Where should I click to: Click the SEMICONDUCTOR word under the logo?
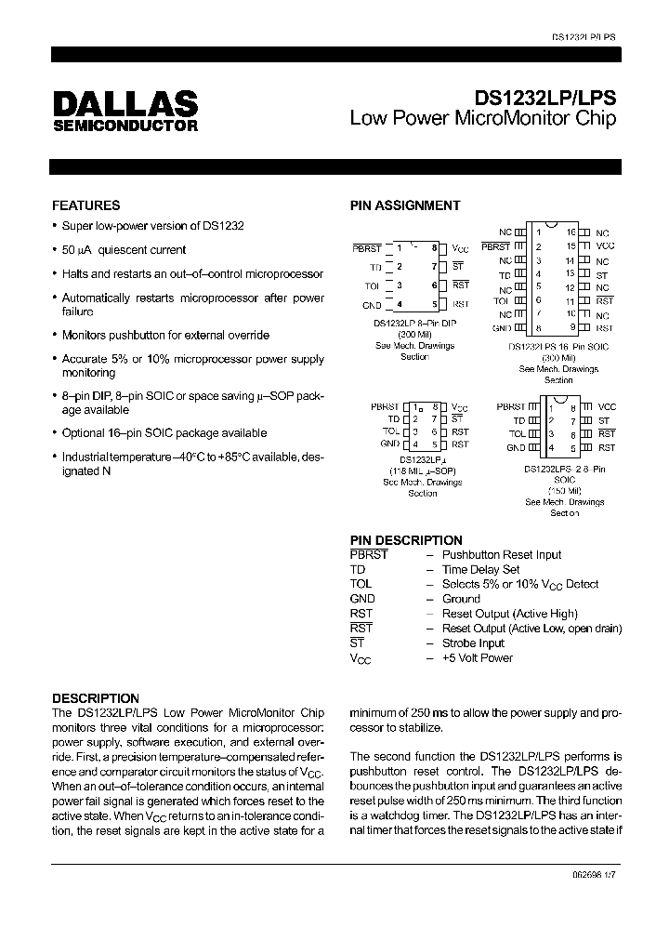(x=124, y=126)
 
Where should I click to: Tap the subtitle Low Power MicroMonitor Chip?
(x=482, y=119)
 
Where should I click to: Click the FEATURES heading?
(x=85, y=205)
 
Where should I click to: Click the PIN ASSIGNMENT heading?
(x=404, y=205)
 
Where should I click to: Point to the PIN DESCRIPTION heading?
(x=405, y=540)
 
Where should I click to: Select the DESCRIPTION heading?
(x=95, y=698)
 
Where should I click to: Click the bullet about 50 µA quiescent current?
(x=123, y=250)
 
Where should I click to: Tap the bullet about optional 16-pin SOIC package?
(x=164, y=433)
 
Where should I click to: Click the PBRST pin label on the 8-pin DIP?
(x=366, y=248)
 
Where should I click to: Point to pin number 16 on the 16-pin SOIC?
(x=571, y=232)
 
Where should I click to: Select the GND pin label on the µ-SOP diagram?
(x=389, y=444)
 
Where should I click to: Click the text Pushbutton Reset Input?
(x=502, y=555)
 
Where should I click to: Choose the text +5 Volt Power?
(x=478, y=658)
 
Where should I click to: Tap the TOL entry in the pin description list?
(x=361, y=585)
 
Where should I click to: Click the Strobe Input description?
(x=473, y=643)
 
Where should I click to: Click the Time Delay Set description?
(x=480, y=570)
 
